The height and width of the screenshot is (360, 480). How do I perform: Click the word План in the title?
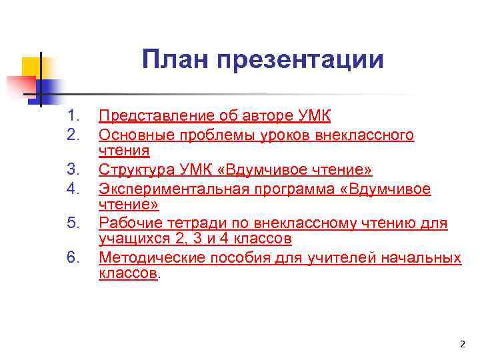173,60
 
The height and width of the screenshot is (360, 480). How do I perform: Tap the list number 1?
73,117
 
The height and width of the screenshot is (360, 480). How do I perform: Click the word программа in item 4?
293,189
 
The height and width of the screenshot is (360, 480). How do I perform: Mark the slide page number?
463,344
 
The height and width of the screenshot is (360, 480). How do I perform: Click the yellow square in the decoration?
31,67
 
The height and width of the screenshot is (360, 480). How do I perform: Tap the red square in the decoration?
20,86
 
